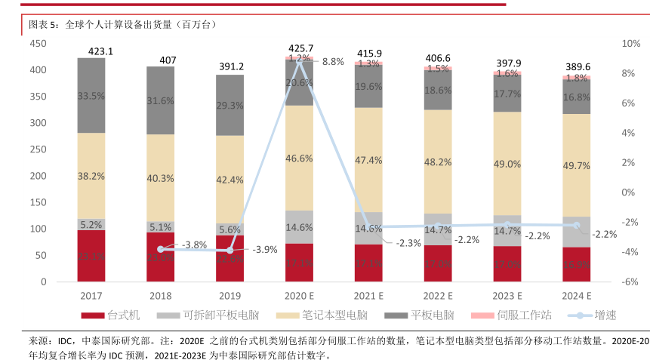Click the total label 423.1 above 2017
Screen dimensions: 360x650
click(91, 51)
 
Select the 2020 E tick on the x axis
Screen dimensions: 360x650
click(300, 295)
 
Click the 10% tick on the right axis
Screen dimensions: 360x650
click(631, 44)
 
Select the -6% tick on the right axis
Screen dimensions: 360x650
click(631, 282)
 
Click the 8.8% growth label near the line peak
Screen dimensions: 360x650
click(334, 62)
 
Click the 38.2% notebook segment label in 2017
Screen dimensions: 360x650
click(91, 174)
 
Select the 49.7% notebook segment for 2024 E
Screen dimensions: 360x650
click(578, 166)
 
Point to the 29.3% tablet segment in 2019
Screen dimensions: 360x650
click(230, 106)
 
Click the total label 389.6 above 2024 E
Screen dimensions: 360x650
click(578, 66)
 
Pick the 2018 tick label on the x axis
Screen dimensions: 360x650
click(160, 295)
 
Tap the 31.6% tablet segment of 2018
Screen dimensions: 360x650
click(160, 100)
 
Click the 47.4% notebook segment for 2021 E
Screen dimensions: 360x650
click(369, 160)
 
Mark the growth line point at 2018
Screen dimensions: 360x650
click(160, 249)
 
